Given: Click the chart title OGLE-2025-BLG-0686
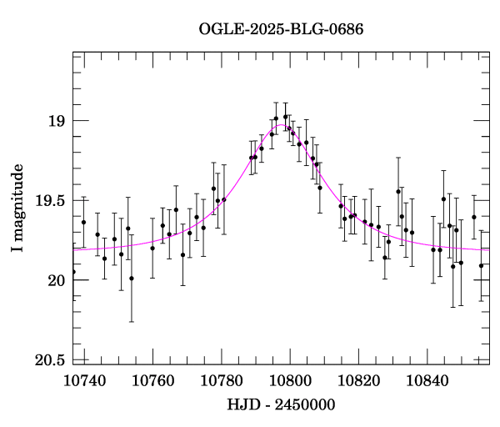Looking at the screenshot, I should tap(281, 29).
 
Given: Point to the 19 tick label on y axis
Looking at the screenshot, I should tap(55, 122).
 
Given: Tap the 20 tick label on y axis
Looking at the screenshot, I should tap(55, 280).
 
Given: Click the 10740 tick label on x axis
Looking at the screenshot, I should tap(84, 380).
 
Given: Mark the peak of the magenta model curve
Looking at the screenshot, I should tap(282, 126).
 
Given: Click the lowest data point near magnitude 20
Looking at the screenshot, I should tap(132, 278).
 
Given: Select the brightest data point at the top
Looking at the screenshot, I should tap(285, 117).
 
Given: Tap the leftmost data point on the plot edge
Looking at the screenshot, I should tap(73, 272).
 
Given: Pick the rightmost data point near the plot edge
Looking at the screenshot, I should tap(481, 265).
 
